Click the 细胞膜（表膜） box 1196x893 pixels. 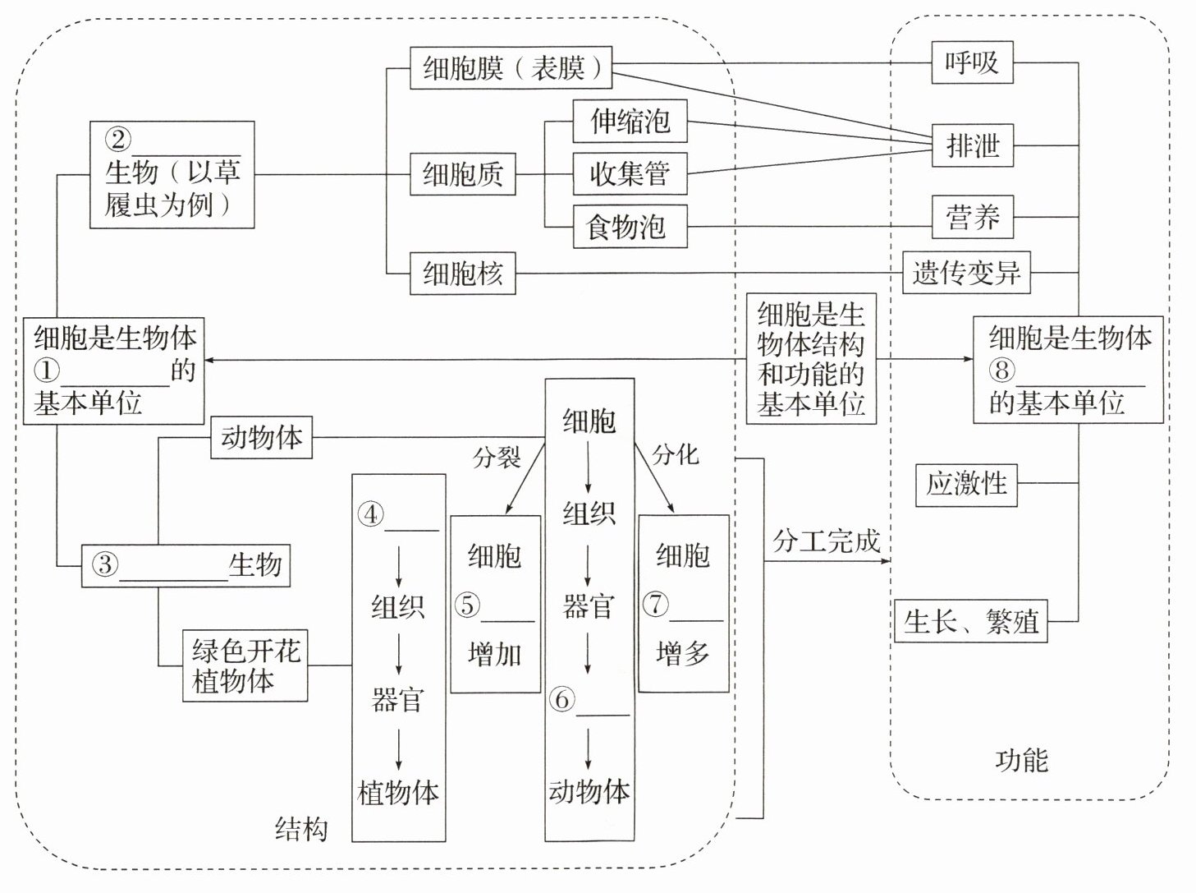click(511, 67)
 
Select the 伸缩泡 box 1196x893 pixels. click(630, 122)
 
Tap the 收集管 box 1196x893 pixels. click(630, 173)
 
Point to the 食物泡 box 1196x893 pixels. click(630, 226)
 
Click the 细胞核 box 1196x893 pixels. click(462, 273)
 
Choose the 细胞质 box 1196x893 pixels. click(462, 173)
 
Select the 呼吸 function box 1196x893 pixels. click(972, 62)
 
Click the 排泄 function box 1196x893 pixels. click(973, 145)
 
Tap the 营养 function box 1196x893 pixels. click(973, 217)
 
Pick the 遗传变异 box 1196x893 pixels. click(966, 272)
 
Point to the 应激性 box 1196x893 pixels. click(966, 483)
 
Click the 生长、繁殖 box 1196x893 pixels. click(970, 620)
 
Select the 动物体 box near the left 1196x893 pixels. click(262, 437)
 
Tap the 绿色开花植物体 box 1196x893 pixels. click(245, 665)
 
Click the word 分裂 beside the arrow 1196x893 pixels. click(497, 458)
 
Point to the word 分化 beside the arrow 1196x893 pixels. click(675, 454)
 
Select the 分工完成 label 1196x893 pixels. click(826, 541)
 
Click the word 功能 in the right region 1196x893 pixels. click(1021, 760)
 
